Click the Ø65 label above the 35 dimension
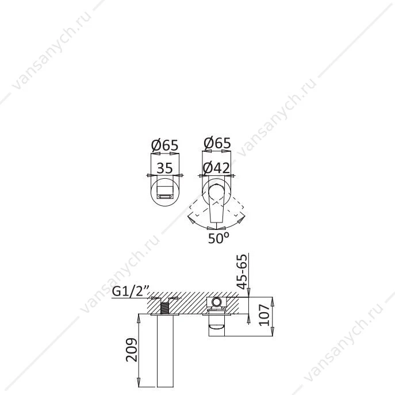pos(165,145)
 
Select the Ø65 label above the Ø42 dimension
pos(217,143)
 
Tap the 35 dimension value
pos(165,168)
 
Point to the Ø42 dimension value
pos(216,168)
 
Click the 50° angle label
pos(218,238)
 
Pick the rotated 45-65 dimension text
pos(242,271)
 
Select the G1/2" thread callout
pos(131,291)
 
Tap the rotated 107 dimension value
pos(264,315)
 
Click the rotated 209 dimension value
pos(132,350)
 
